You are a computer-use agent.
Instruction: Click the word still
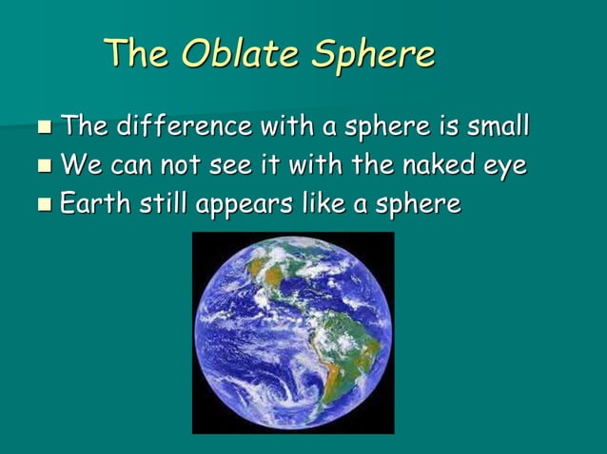[x=158, y=204]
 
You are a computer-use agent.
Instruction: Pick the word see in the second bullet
[x=217, y=167]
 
